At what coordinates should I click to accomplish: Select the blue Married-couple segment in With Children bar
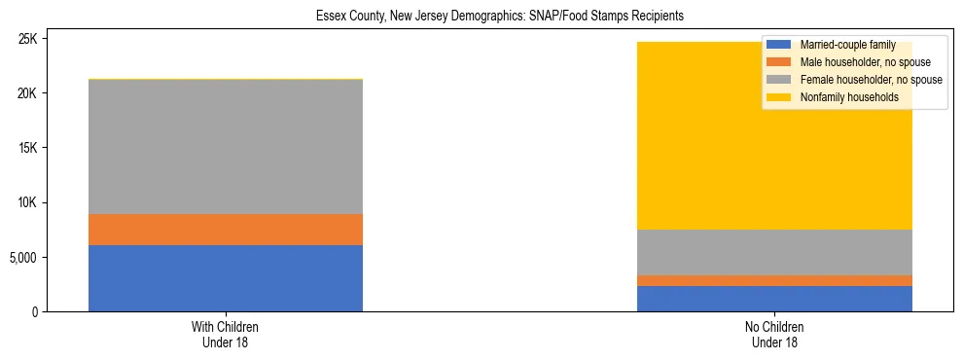click(x=226, y=278)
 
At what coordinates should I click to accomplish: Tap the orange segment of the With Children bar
click(x=226, y=230)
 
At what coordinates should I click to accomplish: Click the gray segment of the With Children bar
click(x=226, y=147)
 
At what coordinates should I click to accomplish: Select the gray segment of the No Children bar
click(x=774, y=252)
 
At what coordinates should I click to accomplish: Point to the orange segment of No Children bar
click(x=774, y=280)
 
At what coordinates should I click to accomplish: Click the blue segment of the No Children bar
click(x=774, y=299)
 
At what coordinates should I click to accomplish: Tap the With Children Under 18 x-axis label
click(x=226, y=335)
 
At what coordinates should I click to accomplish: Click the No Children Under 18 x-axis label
click(x=774, y=335)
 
